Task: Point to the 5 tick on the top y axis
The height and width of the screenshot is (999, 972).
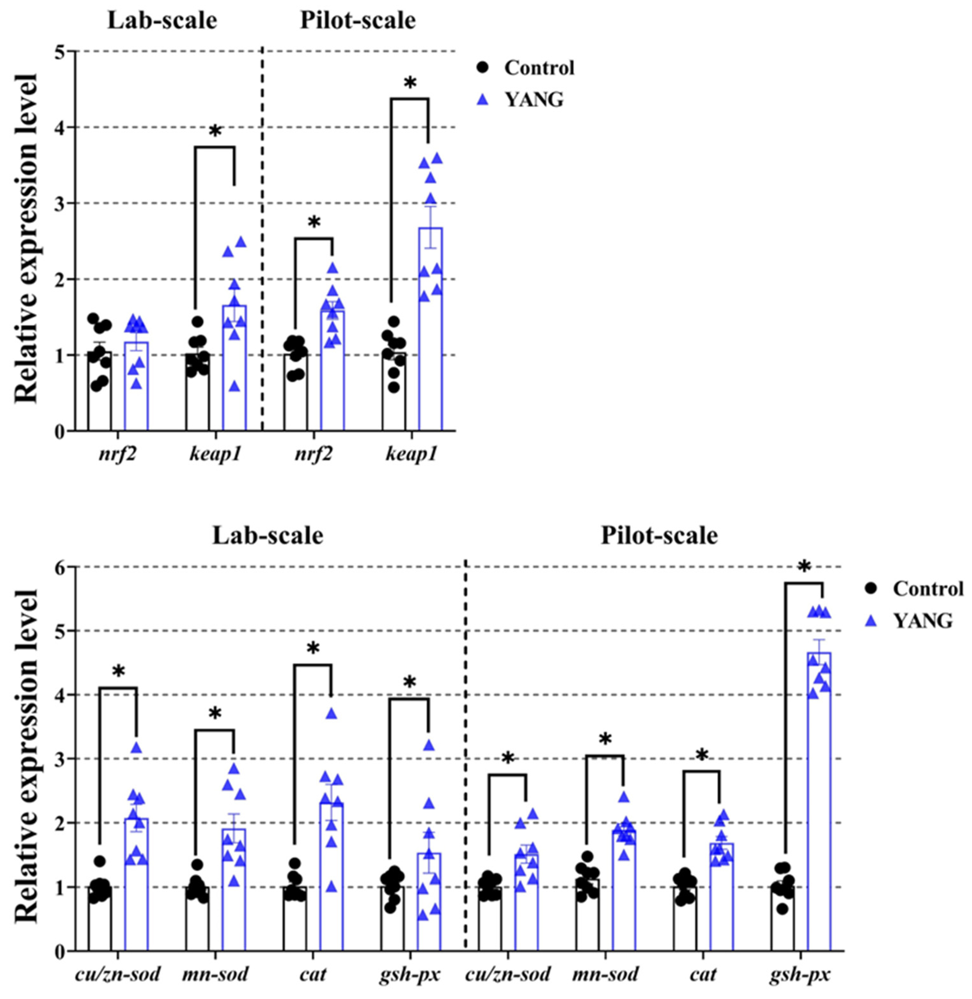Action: [63, 51]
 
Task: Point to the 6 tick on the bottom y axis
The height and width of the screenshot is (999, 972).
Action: [63, 567]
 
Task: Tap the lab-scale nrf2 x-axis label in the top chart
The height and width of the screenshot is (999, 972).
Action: [117, 454]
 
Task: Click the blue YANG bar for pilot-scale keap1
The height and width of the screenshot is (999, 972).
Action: [430, 337]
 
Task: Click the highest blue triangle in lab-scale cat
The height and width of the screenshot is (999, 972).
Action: [332, 714]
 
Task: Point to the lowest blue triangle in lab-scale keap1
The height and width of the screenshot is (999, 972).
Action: [234, 387]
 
